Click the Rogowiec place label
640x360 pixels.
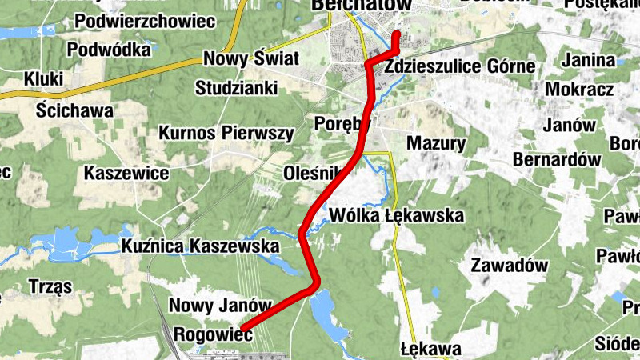click(x=213, y=336)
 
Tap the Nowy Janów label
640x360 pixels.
click(x=221, y=306)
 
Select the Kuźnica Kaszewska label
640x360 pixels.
click(x=201, y=247)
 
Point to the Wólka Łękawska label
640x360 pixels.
click(x=397, y=215)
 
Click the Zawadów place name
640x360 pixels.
click(x=509, y=265)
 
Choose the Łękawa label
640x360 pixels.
click(x=431, y=349)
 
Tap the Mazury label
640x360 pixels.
click(x=436, y=144)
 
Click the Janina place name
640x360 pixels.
click(x=589, y=61)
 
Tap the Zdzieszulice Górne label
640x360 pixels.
click(x=459, y=66)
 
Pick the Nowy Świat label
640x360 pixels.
click(x=251, y=58)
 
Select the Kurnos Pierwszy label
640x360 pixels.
click(x=226, y=133)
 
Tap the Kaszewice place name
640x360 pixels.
click(x=126, y=173)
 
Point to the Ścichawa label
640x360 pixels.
click(x=75, y=111)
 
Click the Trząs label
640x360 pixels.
click(x=50, y=286)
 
